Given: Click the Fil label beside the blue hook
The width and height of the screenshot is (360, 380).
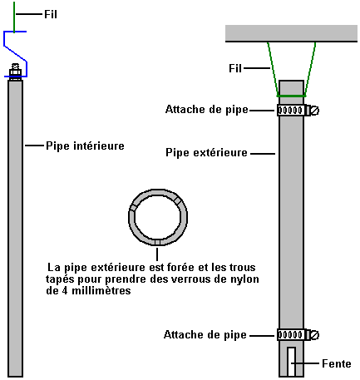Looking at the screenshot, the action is pyautogui.click(x=51, y=14).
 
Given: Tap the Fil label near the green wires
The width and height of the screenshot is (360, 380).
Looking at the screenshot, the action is pyautogui.click(x=235, y=68).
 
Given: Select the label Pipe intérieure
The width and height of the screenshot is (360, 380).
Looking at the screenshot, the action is pyautogui.click(x=85, y=146).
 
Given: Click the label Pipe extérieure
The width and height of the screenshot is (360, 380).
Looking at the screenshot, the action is pyautogui.click(x=206, y=153).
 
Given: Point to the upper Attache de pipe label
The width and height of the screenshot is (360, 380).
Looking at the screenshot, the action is pyautogui.click(x=207, y=110).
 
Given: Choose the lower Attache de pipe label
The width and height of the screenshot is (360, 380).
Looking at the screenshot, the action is pyautogui.click(x=205, y=335).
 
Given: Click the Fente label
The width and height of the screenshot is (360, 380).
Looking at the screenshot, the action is pyautogui.click(x=337, y=363).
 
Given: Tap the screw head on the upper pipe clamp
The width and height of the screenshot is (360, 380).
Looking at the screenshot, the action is pyautogui.click(x=315, y=111).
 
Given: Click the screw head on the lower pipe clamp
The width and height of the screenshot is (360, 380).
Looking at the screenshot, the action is pyautogui.click(x=315, y=335).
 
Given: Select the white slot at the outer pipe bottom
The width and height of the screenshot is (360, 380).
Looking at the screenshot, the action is pyautogui.click(x=291, y=362).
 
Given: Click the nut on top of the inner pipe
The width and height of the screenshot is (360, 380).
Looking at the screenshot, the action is pyautogui.click(x=15, y=73).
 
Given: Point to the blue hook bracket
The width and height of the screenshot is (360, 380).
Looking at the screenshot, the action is pyautogui.click(x=15, y=53).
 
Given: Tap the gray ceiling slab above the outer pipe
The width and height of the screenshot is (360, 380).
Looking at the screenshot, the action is pyautogui.click(x=291, y=33).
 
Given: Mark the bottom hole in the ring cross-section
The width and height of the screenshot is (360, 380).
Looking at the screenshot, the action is pyautogui.click(x=157, y=242).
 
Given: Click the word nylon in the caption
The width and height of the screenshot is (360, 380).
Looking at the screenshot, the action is pyautogui.click(x=244, y=279).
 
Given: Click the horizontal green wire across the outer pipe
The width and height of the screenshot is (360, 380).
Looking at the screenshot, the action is pyautogui.click(x=291, y=96).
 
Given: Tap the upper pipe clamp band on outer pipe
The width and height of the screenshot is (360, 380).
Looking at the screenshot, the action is pyautogui.click(x=291, y=111).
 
